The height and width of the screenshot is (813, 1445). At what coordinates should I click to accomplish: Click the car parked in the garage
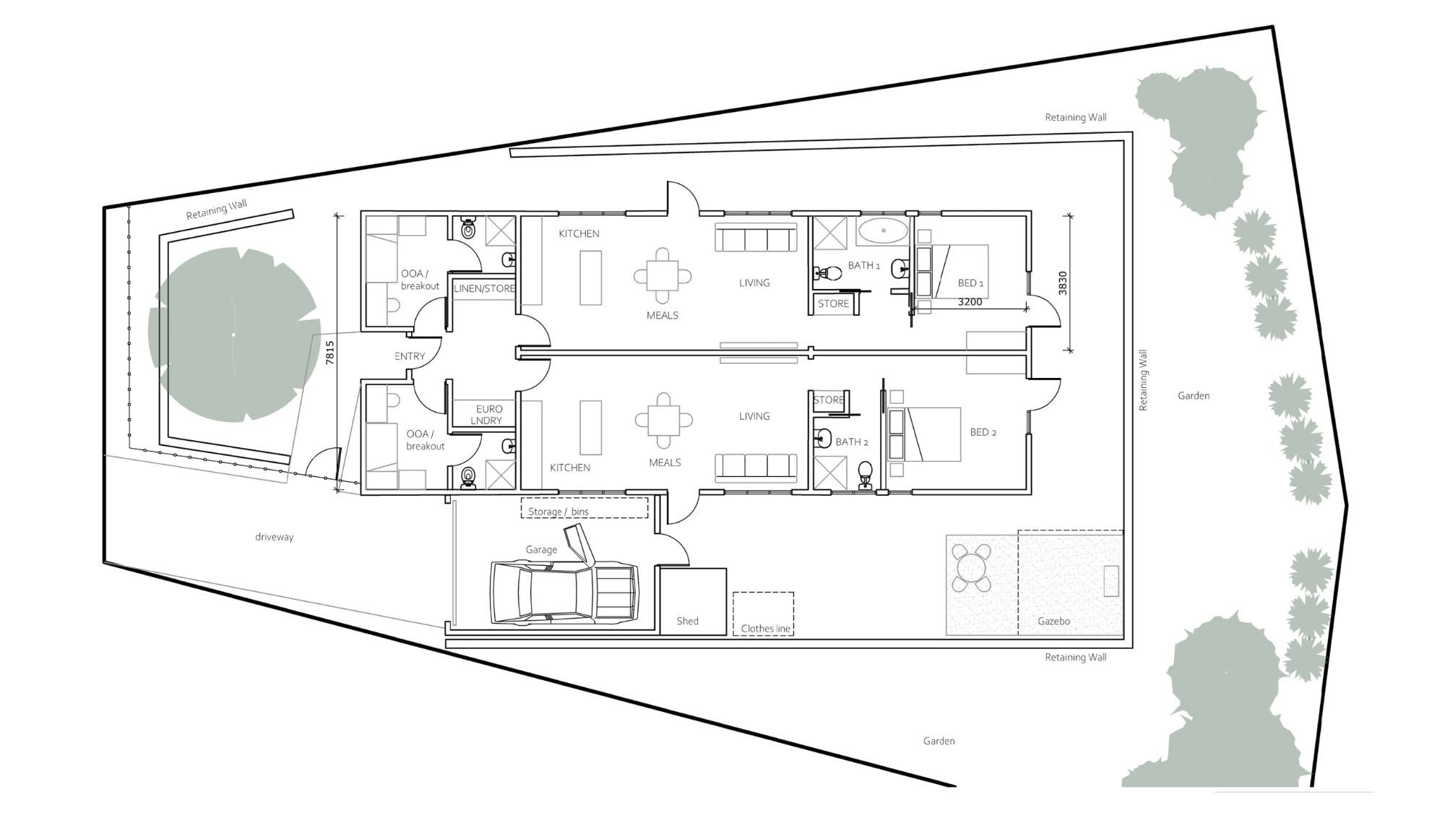564,593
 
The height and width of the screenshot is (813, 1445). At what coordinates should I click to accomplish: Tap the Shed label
687,621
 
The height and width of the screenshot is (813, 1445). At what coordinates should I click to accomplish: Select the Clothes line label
765,629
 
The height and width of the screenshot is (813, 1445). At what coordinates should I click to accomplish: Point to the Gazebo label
1053,621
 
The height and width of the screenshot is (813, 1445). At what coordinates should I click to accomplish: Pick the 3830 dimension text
1062,283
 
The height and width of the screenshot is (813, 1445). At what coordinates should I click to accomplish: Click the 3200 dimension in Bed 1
970,302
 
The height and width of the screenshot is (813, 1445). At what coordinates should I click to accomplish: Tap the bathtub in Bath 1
883,231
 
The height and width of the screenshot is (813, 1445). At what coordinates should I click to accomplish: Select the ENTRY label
410,356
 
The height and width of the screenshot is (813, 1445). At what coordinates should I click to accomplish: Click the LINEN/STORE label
484,288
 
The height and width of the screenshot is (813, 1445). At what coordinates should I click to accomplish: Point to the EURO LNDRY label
488,415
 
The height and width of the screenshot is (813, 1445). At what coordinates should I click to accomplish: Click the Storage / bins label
558,512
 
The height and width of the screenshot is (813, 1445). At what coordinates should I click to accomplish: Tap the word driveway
274,537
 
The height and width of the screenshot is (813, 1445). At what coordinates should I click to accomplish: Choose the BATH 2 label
851,442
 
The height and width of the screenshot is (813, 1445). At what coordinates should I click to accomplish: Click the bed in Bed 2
933,434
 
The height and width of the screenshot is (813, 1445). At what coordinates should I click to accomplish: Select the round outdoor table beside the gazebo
972,568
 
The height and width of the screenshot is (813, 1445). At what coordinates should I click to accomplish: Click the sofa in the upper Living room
756,238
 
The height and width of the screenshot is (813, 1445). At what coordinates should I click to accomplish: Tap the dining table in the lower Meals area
663,420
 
